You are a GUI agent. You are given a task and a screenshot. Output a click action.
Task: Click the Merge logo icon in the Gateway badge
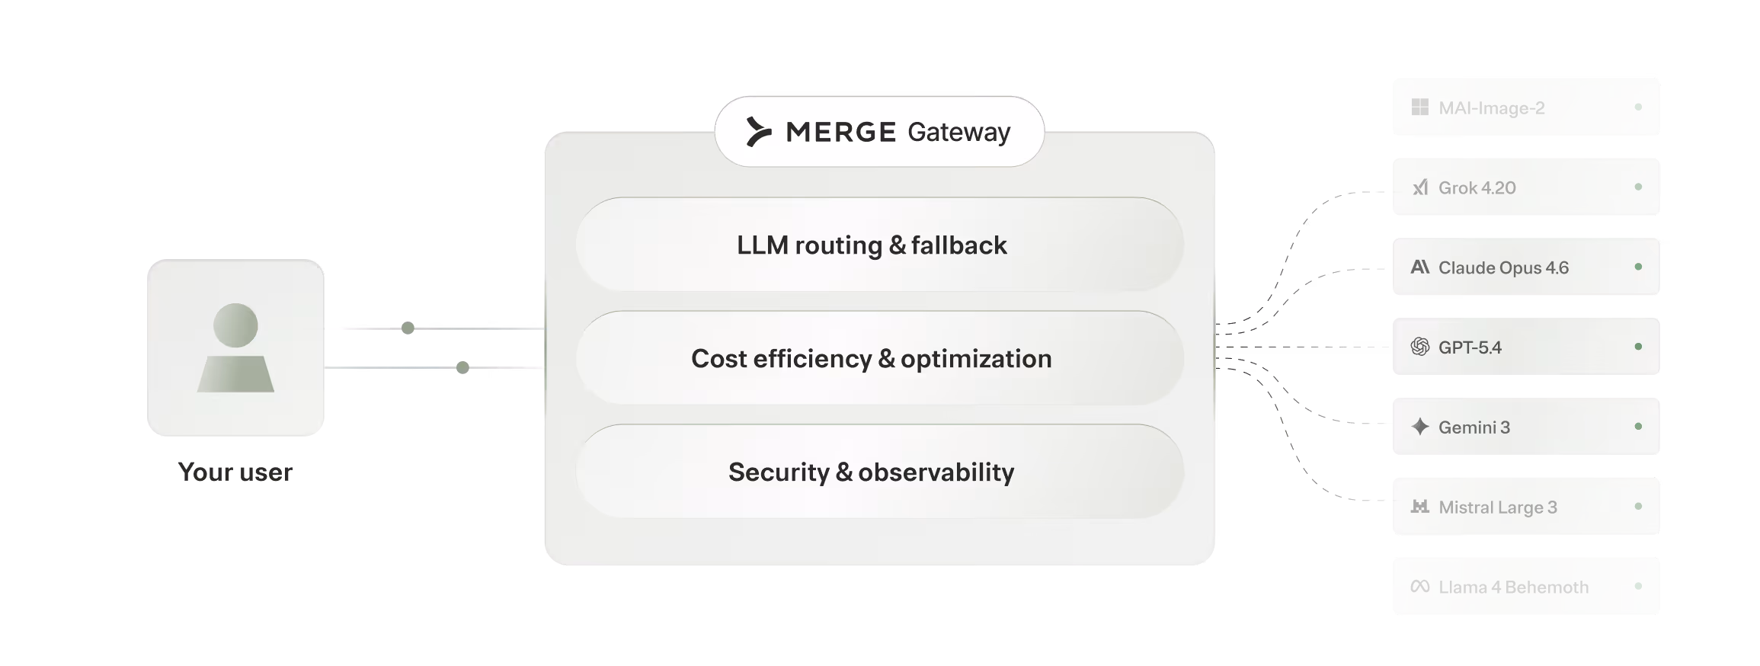(758, 132)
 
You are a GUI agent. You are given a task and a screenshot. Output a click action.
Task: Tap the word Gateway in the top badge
(958, 133)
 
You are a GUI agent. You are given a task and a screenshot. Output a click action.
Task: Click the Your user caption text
(235, 472)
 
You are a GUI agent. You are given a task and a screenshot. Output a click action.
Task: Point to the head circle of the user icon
(235, 325)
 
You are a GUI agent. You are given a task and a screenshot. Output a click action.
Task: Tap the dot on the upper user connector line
(408, 328)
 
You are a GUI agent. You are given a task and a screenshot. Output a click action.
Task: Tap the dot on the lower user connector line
(462, 368)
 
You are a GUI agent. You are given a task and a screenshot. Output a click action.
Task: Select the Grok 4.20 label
(1477, 187)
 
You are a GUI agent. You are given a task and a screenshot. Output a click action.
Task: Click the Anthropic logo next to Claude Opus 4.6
(1420, 267)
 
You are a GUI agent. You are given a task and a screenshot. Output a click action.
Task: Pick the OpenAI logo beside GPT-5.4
(1420, 347)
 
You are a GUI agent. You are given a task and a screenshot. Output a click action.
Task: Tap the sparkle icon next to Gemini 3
(1420, 427)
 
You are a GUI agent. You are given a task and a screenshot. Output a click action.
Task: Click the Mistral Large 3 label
(1497, 508)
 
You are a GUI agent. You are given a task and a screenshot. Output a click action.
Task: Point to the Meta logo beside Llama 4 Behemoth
(1420, 587)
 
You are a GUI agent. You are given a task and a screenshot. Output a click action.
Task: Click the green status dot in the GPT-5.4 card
(1638, 347)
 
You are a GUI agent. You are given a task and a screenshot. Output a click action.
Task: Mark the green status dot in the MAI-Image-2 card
(1638, 107)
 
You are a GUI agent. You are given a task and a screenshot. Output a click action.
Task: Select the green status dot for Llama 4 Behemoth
(1638, 586)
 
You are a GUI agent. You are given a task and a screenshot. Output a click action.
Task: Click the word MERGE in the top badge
(840, 133)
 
